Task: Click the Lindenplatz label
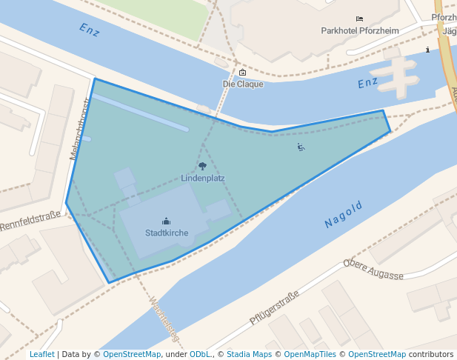click(203, 179)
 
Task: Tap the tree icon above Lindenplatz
click(203, 167)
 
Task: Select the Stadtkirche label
click(167, 233)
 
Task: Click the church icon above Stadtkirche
click(167, 221)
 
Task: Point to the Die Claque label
click(243, 84)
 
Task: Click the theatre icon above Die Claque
click(243, 73)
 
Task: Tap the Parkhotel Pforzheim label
click(359, 31)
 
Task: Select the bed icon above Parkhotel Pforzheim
click(359, 19)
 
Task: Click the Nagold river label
click(344, 214)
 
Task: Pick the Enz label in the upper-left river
click(89, 30)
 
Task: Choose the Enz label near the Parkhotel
click(368, 84)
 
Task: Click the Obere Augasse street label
click(373, 270)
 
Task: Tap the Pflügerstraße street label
click(274, 308)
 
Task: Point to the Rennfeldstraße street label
click(30, 221)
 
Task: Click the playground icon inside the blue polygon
click(301, 147)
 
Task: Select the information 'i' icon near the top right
click(428, 50)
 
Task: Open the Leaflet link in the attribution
click(41, 354)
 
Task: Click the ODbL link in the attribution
click(200, 354)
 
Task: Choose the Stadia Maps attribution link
click(249, 354)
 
